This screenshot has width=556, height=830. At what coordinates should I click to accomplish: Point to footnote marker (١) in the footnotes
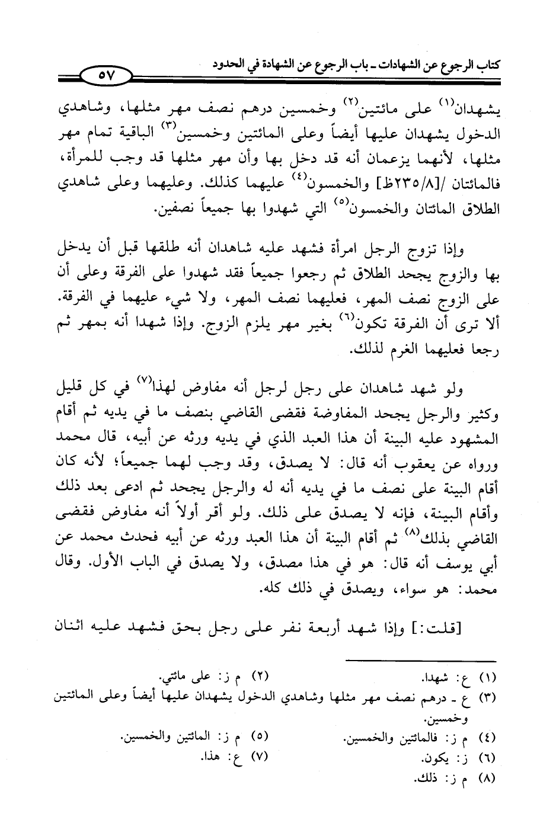pyautogui.click(x=485, y=677)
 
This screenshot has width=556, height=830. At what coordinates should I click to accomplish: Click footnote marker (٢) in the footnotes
pyautogui.click(x=261, y=677)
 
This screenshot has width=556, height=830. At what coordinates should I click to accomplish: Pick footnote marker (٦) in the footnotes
pyautogui.click(x=485, y=758)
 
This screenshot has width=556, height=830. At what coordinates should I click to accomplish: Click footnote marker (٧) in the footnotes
pyautogui.click(x=261, y=757)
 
